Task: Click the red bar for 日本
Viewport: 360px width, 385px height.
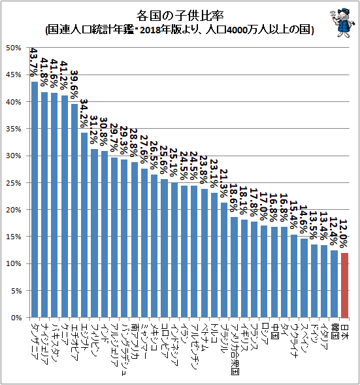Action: [x=344, y=285]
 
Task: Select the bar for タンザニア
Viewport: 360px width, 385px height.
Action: [x=35, y=199]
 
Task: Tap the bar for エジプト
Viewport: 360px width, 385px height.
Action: [x=84, y=225]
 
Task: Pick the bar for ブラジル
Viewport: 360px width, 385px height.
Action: [x=224, y=260]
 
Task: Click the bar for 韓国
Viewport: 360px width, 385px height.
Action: [x=335, y=284]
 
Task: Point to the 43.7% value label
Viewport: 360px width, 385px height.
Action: [x=33, y=62]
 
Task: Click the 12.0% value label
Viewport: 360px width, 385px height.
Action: [x=344, y=233]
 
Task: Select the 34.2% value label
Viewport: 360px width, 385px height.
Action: [x=84, y=113]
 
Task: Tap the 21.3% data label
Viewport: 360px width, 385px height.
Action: [x=224, y=184]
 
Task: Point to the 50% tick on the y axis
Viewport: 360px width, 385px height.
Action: [x=14, y=48]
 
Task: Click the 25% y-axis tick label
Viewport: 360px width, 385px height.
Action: [x=14, y=183]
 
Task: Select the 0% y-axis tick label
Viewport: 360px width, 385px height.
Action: [x=16, y=318]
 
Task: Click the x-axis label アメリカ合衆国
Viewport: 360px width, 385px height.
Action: [x=234, y=349]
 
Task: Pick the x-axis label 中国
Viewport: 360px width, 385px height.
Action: [x=274, y=331]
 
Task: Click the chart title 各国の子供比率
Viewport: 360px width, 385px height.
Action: [x=180, y=16]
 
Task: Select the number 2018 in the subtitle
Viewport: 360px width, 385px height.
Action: [x=149, y=30]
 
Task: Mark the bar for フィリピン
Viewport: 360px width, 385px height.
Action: [x=94, y=233]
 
